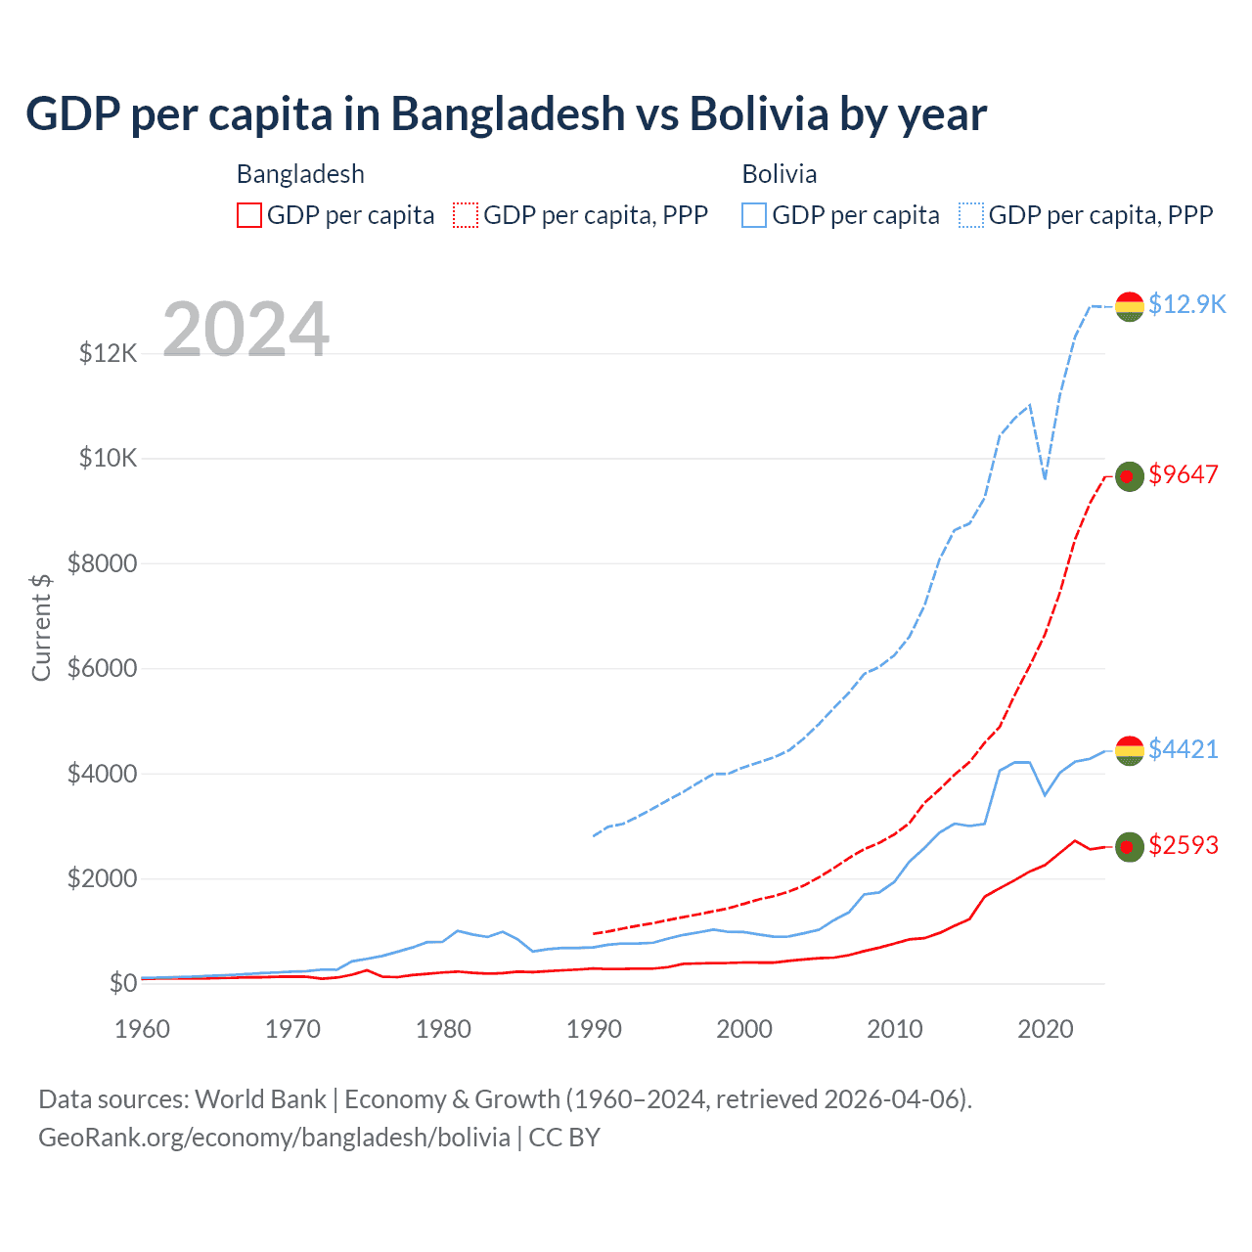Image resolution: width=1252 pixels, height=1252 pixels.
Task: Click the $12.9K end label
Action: (x=1186, y=304)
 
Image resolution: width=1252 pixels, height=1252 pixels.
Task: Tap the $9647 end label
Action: (x=1184, y=474)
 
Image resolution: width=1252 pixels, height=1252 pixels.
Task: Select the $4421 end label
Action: (x=1184, y=749)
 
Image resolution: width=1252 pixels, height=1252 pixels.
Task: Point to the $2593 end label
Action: (x=1184, y=845)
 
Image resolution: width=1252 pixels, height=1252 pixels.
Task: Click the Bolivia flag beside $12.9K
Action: (x=1130, y=306)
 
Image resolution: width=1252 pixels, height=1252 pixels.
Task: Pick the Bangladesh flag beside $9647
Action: (x=1130, y=476)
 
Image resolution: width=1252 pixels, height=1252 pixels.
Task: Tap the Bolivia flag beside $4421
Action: (x=1130, y=750)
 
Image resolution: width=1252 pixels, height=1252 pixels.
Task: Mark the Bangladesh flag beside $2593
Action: (x=1130, y=846)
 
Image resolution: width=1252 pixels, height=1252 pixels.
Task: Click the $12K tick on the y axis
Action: (x=109, y=353)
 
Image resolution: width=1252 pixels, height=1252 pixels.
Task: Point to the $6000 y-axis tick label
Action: (x=103, y=669)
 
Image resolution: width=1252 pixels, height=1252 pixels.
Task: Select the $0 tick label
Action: (x=123, y=983)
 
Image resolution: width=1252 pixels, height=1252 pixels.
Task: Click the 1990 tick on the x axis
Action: (x=594, y=1029)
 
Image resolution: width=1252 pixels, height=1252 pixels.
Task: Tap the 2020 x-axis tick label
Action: (x=1046, y=1029)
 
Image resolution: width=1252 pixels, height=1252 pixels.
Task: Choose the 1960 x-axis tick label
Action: (x=143, y=1029)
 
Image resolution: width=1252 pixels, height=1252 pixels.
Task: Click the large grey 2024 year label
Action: (x=246, y=330)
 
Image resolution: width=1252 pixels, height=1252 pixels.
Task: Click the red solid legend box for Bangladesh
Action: (x=249, y=215)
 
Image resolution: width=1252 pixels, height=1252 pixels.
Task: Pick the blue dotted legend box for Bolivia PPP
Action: (x=971, y=215)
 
